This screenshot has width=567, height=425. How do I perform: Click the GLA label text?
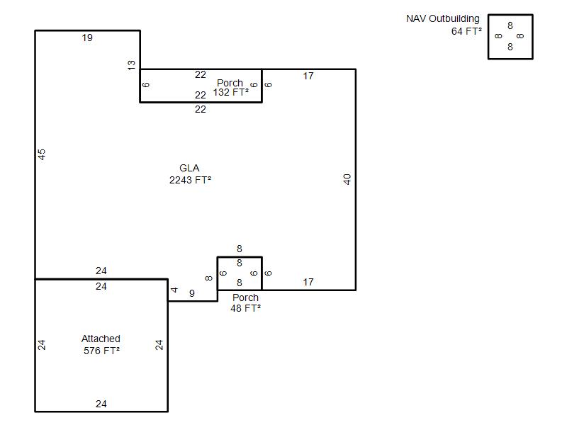coord(189,169)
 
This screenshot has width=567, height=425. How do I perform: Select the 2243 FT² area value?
coord(189,180)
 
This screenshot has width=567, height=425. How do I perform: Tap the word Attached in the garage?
coord(101,339)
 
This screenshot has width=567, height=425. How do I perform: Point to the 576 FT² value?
coord(101,350)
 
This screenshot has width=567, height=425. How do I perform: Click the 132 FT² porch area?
coord(230,92)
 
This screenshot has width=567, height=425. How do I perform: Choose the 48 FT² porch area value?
coord(245,308)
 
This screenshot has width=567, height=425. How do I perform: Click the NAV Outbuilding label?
coord(442,18)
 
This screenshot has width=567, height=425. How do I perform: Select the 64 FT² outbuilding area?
coord(466,31)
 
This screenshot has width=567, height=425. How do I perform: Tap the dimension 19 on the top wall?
coord(87,38)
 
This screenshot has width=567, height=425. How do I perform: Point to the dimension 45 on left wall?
coord(42,154)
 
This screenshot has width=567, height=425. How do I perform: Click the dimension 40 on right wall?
coord(347,179)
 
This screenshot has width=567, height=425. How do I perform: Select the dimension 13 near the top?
coord(132,65)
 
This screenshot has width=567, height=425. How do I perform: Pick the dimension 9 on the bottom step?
coord(191,293)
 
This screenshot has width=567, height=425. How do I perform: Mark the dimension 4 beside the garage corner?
coord(174,290)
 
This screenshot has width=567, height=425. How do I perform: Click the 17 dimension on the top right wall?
coord(308,76)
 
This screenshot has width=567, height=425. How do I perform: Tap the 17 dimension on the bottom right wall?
coord(308,282)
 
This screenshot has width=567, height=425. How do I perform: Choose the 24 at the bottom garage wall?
coord(101,404)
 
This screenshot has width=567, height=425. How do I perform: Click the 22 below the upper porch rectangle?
coord(200,109)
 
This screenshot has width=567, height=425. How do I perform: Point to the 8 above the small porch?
coord(240,249)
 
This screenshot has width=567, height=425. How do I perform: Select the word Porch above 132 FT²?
coord(230,83)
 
